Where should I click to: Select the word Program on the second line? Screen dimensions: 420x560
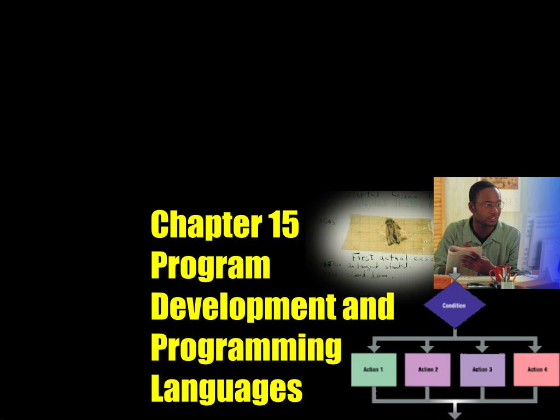(211, 266)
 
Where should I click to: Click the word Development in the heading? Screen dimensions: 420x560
(243, 307)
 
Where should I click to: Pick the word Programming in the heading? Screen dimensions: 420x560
(246, 348)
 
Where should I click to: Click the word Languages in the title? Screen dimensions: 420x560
(226, 388)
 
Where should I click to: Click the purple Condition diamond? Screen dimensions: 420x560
(454, 306)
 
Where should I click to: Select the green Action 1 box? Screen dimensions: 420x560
(373, 370)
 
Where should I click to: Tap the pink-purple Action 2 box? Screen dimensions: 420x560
(428, 370)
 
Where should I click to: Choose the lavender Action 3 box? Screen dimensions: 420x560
(482, 370)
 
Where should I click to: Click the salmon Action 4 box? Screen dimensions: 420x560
(536, 370)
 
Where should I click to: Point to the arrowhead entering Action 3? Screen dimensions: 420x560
(482, 349)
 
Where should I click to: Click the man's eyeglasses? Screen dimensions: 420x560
(491, 205)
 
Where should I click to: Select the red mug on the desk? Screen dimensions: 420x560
(499, 273)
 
